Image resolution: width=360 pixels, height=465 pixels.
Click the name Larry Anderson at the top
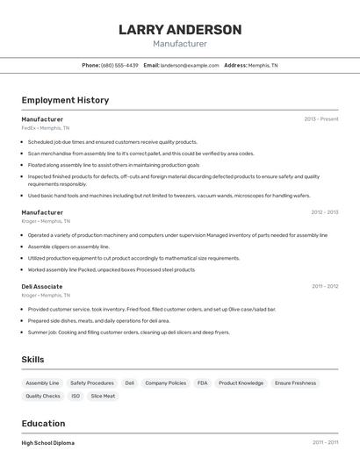pos(180,30)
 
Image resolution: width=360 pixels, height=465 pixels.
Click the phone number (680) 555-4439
pos(119,65)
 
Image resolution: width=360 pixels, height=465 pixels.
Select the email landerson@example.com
pos(190,65)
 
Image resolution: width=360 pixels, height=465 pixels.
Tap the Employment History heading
pos(65,100)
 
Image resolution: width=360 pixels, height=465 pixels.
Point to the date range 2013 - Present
pos(321,119)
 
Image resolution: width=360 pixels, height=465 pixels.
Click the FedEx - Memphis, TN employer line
pos(46,128)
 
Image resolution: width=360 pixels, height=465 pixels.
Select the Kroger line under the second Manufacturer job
pos(46,221)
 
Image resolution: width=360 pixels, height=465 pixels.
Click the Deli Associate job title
pos(42,286)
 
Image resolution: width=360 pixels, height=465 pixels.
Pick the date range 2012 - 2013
pos(324,212)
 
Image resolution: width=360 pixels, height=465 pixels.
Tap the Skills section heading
pos(33,360)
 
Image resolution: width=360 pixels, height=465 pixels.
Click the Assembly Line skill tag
pos(42,383)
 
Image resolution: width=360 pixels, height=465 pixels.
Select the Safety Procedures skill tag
pos(92,383)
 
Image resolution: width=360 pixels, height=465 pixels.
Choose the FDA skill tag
pos(203,383)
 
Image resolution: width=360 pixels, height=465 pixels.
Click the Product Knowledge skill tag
pos(241,383)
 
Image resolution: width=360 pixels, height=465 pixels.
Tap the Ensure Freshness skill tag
pos(295,383)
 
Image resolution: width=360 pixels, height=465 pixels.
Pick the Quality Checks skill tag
pos(43,397)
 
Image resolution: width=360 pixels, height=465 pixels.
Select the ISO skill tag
pos(76,397)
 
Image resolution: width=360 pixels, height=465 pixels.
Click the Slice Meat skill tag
pos(103,397)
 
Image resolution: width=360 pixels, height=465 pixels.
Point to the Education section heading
pos(43,423)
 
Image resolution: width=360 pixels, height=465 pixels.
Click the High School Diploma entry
pos(48,443)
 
